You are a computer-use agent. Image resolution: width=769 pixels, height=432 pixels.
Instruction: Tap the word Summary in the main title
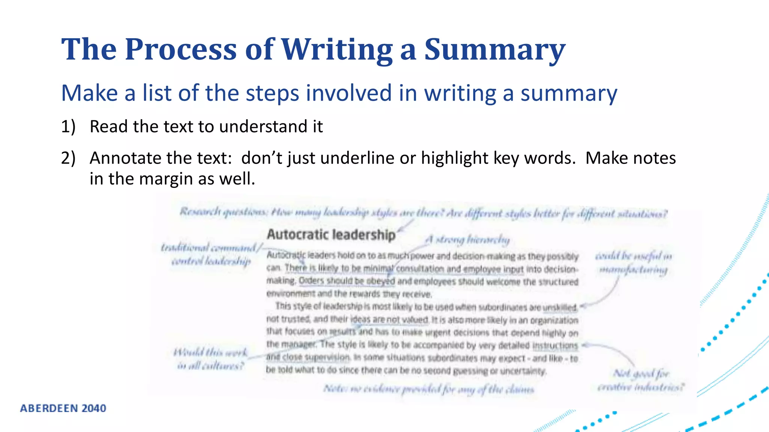[495, 49]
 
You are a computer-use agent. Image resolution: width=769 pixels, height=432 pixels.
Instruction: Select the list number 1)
[68, 127]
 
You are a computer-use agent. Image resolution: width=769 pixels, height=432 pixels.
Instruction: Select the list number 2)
[68, 158]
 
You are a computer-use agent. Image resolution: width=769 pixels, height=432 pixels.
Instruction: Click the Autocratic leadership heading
[331, 235]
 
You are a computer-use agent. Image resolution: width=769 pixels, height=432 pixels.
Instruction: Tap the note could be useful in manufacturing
[633, 263]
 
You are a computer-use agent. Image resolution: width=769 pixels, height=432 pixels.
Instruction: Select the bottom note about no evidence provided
[428, 389]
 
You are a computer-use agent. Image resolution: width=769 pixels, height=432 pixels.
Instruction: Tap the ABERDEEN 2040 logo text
[63, 408]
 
